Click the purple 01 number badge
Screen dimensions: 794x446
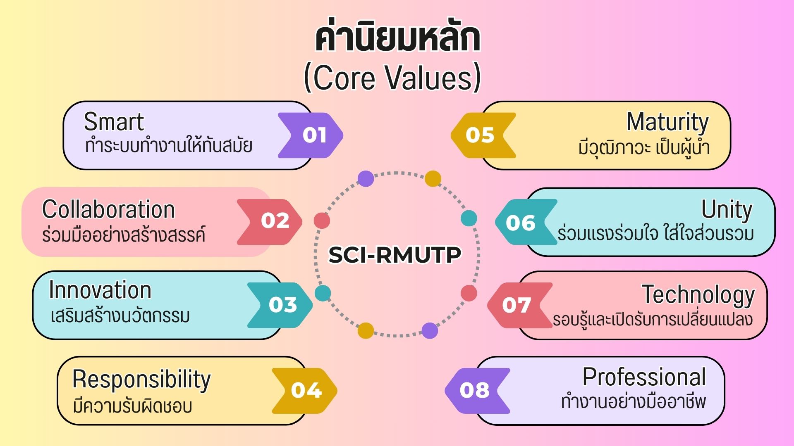click(310, 135)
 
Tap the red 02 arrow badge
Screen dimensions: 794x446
click(270, 222)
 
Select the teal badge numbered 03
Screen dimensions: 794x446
click(280, 305)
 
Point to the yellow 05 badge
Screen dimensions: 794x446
click(483, 135)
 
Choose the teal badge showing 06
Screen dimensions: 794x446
click(526, 222)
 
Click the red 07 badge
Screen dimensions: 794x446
click(520, 306)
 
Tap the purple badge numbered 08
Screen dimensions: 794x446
click(477, 391)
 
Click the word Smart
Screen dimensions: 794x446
click(114, 122)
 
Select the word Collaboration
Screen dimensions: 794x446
click(109, 209)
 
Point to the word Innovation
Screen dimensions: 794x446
click(100, 290)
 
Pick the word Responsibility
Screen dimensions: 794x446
click(141, 380)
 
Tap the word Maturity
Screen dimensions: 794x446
click(667, 123)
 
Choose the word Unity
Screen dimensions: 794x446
click(727, 210)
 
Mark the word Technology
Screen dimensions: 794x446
click(698, 296)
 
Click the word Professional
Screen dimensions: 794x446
click(644, 377)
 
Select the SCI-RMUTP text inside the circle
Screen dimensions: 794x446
click(395, 255)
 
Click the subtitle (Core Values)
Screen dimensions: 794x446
click(392, 77)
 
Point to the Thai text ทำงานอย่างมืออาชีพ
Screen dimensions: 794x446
click(634, 401)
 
